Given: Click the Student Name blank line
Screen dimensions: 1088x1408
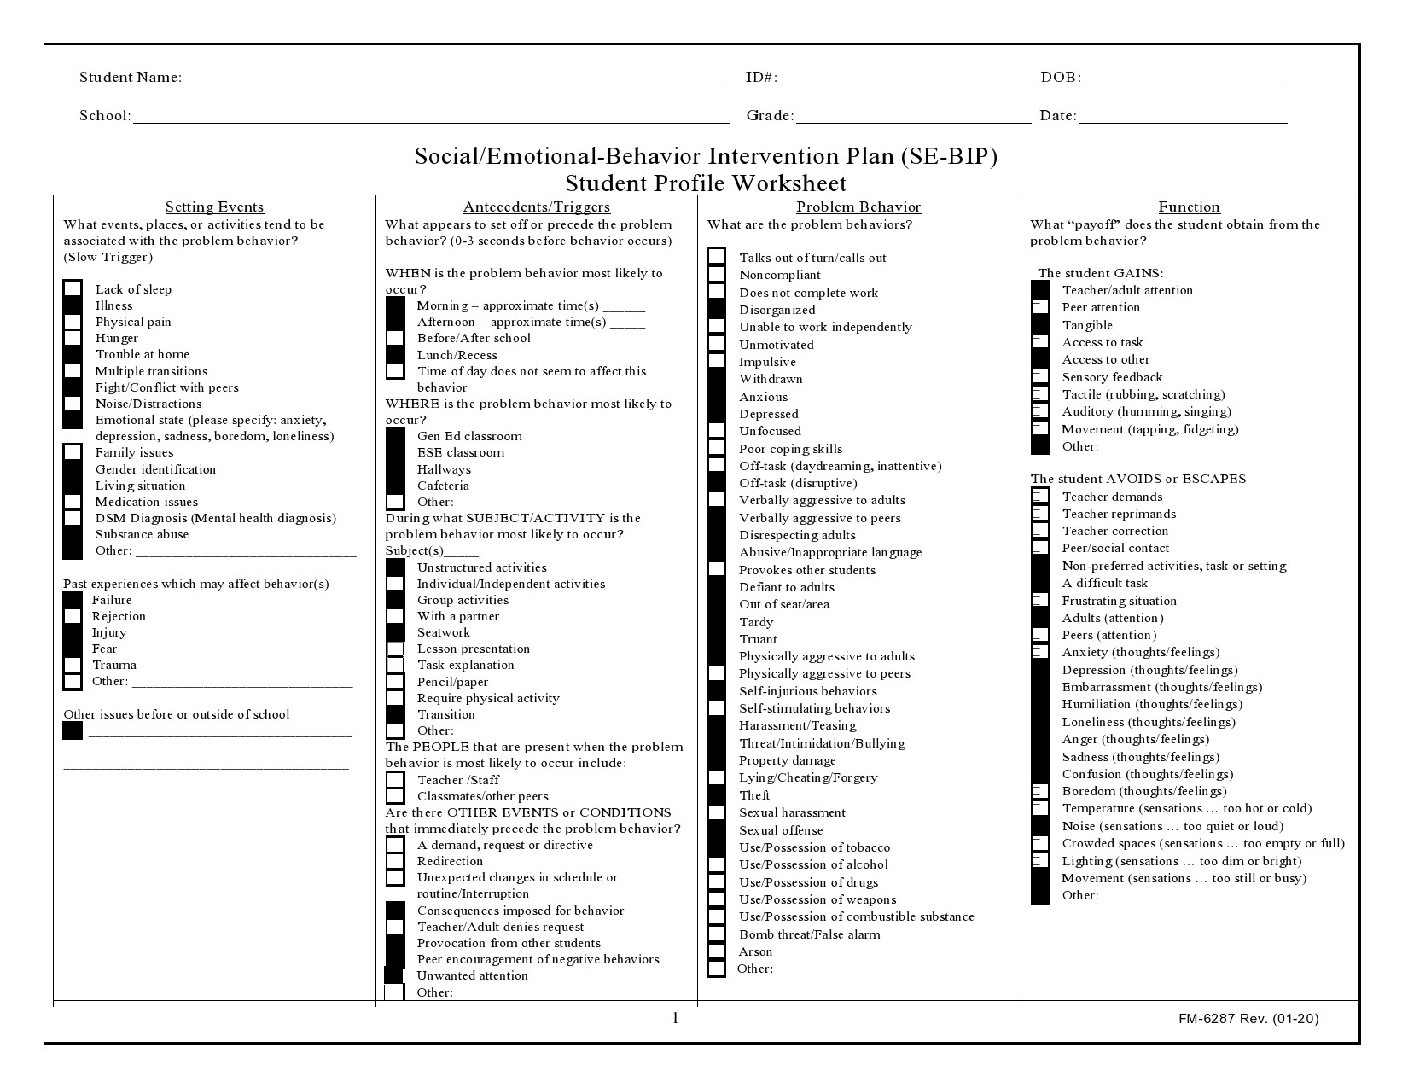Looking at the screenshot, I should pyautogui.click(x=456, y=79).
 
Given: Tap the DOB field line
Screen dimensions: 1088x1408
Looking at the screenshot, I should pyautogui.click(x=1184, y=79).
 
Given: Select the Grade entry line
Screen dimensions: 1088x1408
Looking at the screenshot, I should pyautogui.click(x=912, y=117).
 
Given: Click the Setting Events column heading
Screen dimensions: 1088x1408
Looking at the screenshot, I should pyautogui.click(x=214, y=207).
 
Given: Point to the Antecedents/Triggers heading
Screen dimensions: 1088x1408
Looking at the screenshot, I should pyautogui.click(x=537, y=207).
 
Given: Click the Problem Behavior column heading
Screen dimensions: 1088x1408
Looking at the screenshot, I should pyautogui.click(x=858, y=207).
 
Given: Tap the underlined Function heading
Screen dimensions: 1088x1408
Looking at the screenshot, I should pyautogui.click(x=1189, y=207).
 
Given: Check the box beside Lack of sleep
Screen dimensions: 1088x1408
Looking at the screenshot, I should pyautogui.click(x=73, y=289).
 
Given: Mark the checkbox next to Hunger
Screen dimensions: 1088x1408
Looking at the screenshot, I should pyautogui.click(x=73, y=338).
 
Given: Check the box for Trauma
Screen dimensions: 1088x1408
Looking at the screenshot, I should pyautogui.click(x=73, y=665).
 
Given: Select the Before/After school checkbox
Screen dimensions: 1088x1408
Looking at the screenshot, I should pyautogui.click(x=395, y=338).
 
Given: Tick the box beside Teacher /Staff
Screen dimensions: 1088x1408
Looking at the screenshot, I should pyautogui.click(x=395, y=780).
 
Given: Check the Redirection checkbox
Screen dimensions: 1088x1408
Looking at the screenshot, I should pyautogui.click(x=395, y=861).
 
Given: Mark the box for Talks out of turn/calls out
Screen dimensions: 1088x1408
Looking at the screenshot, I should pyautogui.click(x=717, y=257).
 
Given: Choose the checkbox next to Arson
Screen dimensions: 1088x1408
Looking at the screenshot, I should pyautogui.click(x=717, y=951).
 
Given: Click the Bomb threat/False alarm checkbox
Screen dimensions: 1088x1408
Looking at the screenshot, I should pyautogui.click(x=717, y=934).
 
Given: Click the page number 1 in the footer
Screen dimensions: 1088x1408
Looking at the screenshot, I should pyautogui.click(x=676, y=1018).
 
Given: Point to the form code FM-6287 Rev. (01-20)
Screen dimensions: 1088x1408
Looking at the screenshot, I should pyautogui.click(x=1248, y=1019).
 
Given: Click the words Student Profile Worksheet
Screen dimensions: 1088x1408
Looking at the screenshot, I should pyautogui.click(x=706, y=183).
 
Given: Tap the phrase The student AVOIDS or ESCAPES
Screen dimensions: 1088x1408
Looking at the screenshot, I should pyautogui.click(x=1137, y=479).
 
